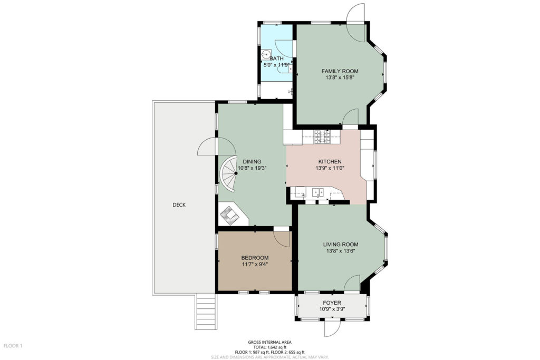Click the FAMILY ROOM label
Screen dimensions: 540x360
click(340, 71)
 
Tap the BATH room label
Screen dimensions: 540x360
click(276, 59)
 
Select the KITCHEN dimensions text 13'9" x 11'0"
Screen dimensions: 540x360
click(330, 168)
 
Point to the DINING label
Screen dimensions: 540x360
click(252, 161)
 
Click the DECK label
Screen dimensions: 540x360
click(179, 205)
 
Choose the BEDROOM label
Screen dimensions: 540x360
click(255, 258)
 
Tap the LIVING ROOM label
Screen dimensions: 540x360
click(341, 245)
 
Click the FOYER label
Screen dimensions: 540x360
click(332, 303)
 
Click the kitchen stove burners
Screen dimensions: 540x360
click(322, 137)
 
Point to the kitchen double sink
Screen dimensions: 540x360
click(317, 193)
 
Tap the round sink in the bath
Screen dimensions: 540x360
click(266, 55)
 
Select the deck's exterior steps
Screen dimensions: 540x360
click(206, 312)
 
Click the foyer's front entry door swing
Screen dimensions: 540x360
click(332, 328)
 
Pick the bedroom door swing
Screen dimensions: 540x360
click(282, 239)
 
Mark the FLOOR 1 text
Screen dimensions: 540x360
click(13, 346)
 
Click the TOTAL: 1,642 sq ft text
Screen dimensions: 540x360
click(269, 347)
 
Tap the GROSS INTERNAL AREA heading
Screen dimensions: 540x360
click(269, 342)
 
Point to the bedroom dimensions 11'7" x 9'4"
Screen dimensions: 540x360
click(255, 264)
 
